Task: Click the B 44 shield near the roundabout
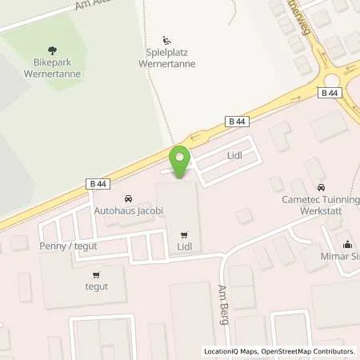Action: click(329, 93)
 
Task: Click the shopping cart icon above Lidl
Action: click(185, 235)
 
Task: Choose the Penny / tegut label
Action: click(68, 246)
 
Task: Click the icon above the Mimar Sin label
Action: click(347, 245)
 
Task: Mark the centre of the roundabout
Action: click(334, 78)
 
